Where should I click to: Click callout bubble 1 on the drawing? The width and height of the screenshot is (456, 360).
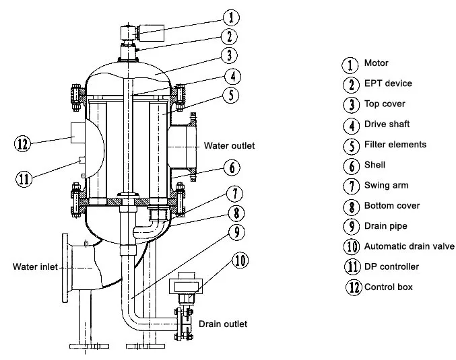(231, 17)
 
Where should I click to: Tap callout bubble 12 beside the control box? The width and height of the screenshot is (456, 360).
(23, 143)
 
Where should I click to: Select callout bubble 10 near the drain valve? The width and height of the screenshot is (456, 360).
(240, 260)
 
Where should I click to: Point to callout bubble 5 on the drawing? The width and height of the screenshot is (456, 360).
(231, 96)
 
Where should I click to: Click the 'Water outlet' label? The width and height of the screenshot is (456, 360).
(229, 145)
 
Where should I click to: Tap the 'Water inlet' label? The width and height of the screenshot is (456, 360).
(35, 266)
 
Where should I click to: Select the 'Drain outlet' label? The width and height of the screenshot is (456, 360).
(223, 324)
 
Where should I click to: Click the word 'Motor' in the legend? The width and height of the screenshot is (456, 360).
(376, 63)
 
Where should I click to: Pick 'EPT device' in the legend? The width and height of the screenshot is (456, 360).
(388, 83)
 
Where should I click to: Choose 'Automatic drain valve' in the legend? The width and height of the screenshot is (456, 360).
(409, 246)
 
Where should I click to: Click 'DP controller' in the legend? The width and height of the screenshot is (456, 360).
(391, 266)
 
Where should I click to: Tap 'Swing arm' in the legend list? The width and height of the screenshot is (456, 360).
(386, 185)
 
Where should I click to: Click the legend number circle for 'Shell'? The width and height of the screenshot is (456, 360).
(352, 166)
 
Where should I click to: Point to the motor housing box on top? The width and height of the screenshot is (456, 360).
(152, 32)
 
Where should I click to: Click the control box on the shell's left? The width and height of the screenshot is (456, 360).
(78, 133)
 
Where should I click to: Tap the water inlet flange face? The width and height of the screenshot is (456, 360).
(65, 268)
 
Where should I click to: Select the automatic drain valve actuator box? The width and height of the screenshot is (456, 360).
(186, 285)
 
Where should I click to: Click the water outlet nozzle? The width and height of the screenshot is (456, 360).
(183, 147)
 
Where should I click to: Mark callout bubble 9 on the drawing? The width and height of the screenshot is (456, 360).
(236, 232)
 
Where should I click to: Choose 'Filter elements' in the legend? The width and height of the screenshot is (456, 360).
(395, 145)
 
